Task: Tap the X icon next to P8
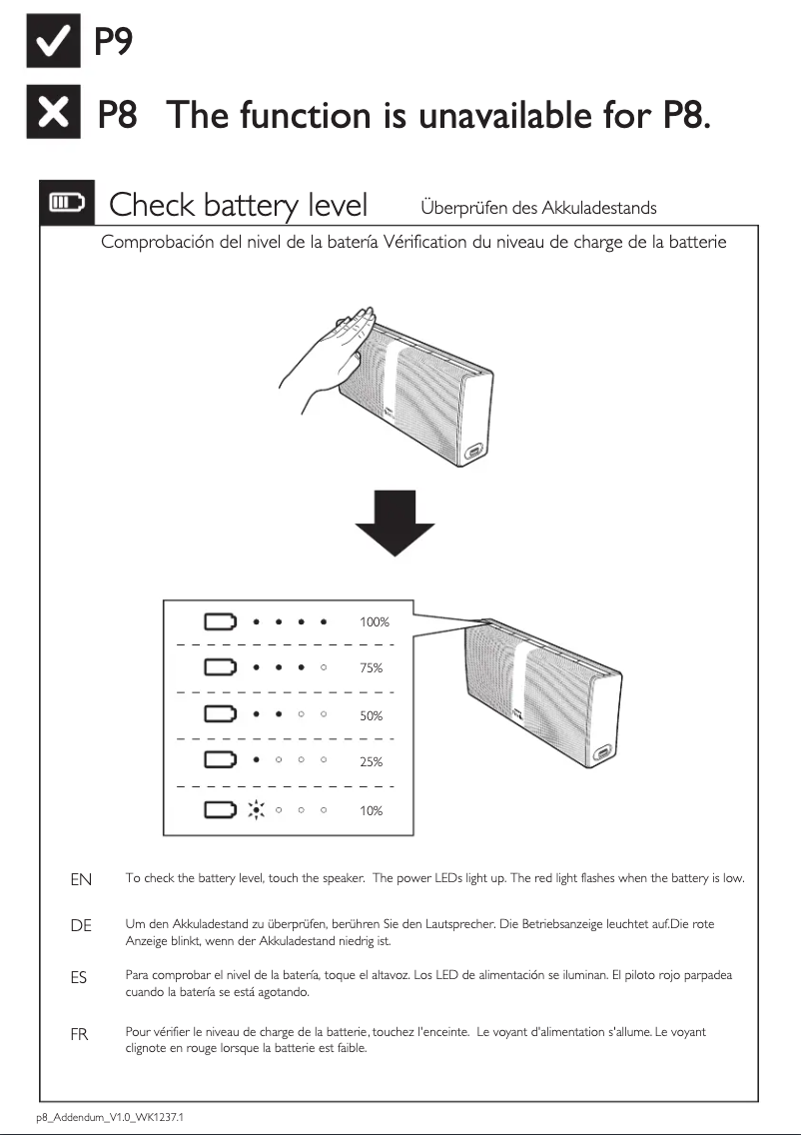[x=52, y=117]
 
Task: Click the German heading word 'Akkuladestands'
[x=599, y=208]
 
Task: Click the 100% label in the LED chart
[x=375, y=622]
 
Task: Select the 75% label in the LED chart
[x=372, y=668]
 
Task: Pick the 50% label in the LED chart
[x=372, y=716]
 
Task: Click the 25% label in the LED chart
[x=372, y=762]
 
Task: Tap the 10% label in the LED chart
[x=372, y=811]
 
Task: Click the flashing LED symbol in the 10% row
[x=256, y=809]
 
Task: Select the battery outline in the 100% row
[x=221, y=621]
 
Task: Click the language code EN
[x=81, y=880]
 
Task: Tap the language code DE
[x=81, y=926]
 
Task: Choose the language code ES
[x=79, y=979]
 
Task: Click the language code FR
[x=79, y=1035]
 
